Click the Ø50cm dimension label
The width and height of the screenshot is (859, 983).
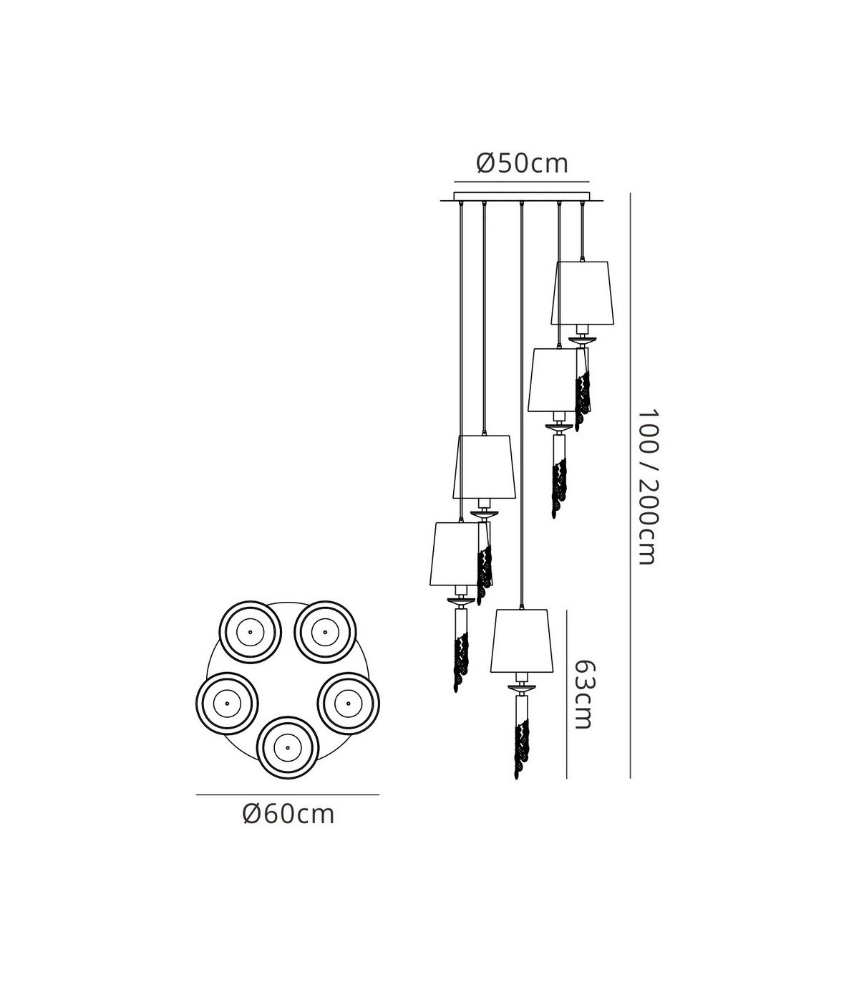522,163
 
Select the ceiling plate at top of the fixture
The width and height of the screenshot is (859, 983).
522,196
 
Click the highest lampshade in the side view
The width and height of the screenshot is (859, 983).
583,292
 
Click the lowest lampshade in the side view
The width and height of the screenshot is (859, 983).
522,641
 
